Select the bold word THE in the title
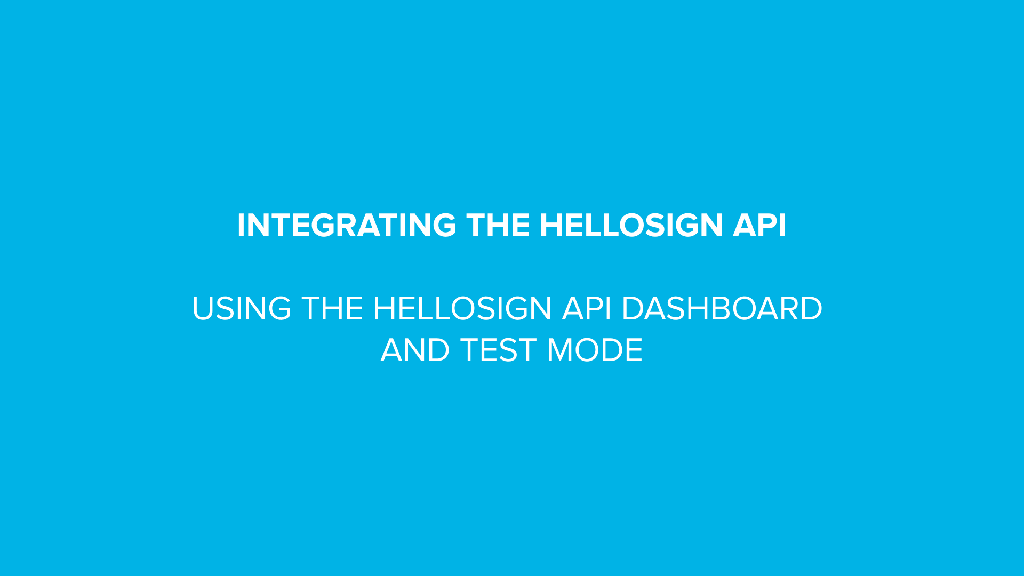pyautogui.click(x=498, y=225)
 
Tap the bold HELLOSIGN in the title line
pyautogui.click(x=631, y=225)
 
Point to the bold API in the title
pyautogui.click(x=759, y=225)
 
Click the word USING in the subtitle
pyautogui.click(x=241, y=309)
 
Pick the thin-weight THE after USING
pyautogui.click(x=332, y=309)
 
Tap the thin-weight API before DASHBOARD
pyautogui.click(x=586, y=309)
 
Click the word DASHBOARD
pyautogui.click(x=722, y=309)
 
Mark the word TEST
pyautogui.click(x=498, y=350)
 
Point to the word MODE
pyautogui.click(x=595, y=350)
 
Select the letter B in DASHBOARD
pyautogui.click(x=721, y=309)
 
